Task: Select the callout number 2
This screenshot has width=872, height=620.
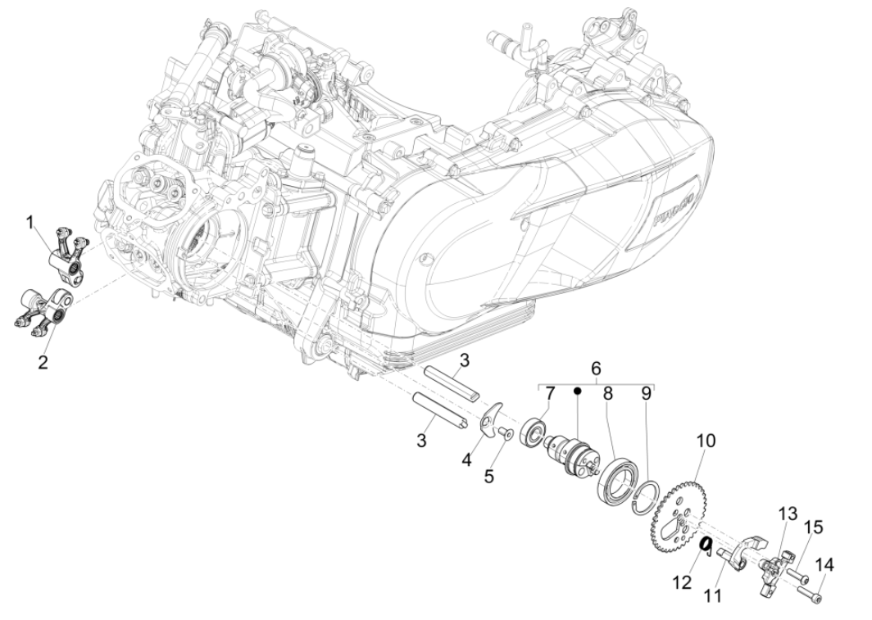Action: [42, 360]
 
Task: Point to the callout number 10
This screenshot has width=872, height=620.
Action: [706, 441]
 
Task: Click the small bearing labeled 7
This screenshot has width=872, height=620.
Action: [538, 432]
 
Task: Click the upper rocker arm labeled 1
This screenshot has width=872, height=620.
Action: [66, 257]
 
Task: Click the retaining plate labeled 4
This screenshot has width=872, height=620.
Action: [490, 414]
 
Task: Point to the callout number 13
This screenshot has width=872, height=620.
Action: [787, 514]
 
